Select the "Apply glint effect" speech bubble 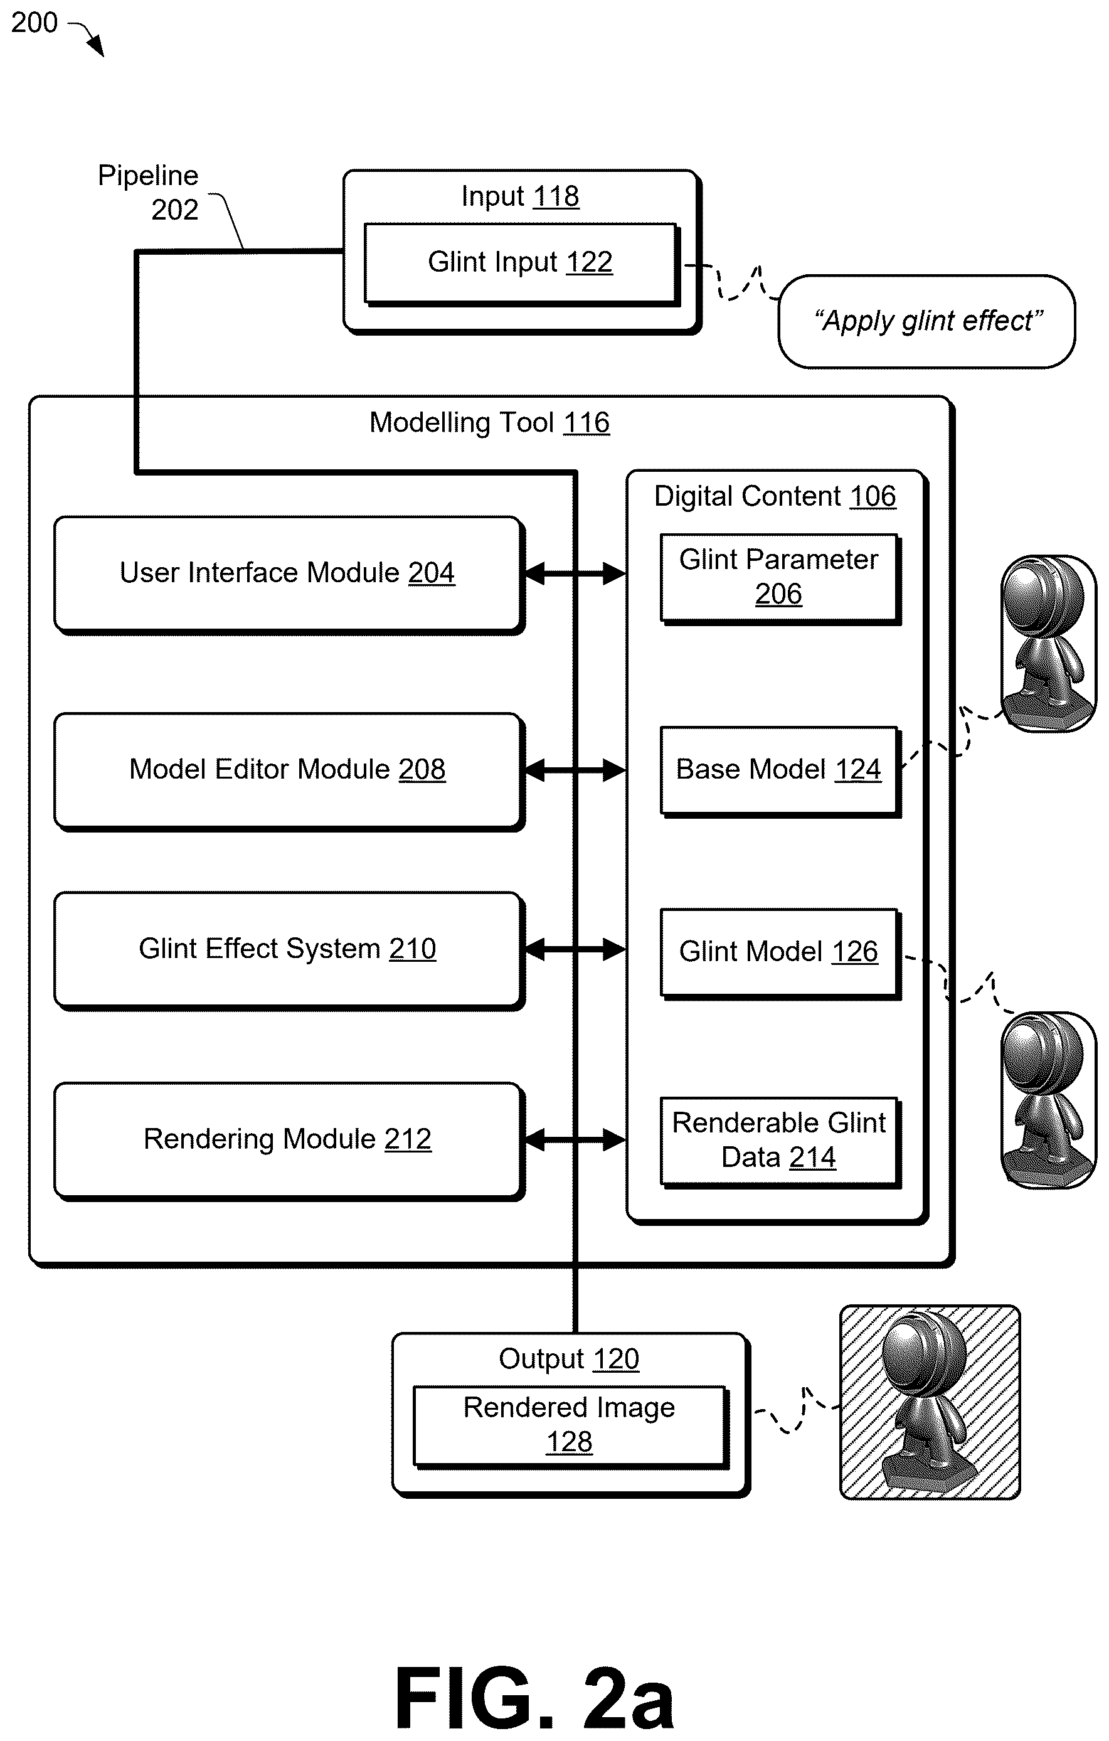point(927,322)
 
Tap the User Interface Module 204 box point(289,575)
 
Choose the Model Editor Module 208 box point(289,772)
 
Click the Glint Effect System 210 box point(289,950)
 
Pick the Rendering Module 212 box point(289,1141)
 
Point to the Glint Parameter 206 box point(780,578)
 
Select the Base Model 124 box point(780,772)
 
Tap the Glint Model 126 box point(780,954)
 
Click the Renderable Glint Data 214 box point(780,1142)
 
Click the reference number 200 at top point(34,23)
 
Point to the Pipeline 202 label point(148,193)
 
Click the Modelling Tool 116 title point(489,422)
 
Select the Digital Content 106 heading point(775,496)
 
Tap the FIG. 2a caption point(535,1698)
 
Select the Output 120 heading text point(569,1358)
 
